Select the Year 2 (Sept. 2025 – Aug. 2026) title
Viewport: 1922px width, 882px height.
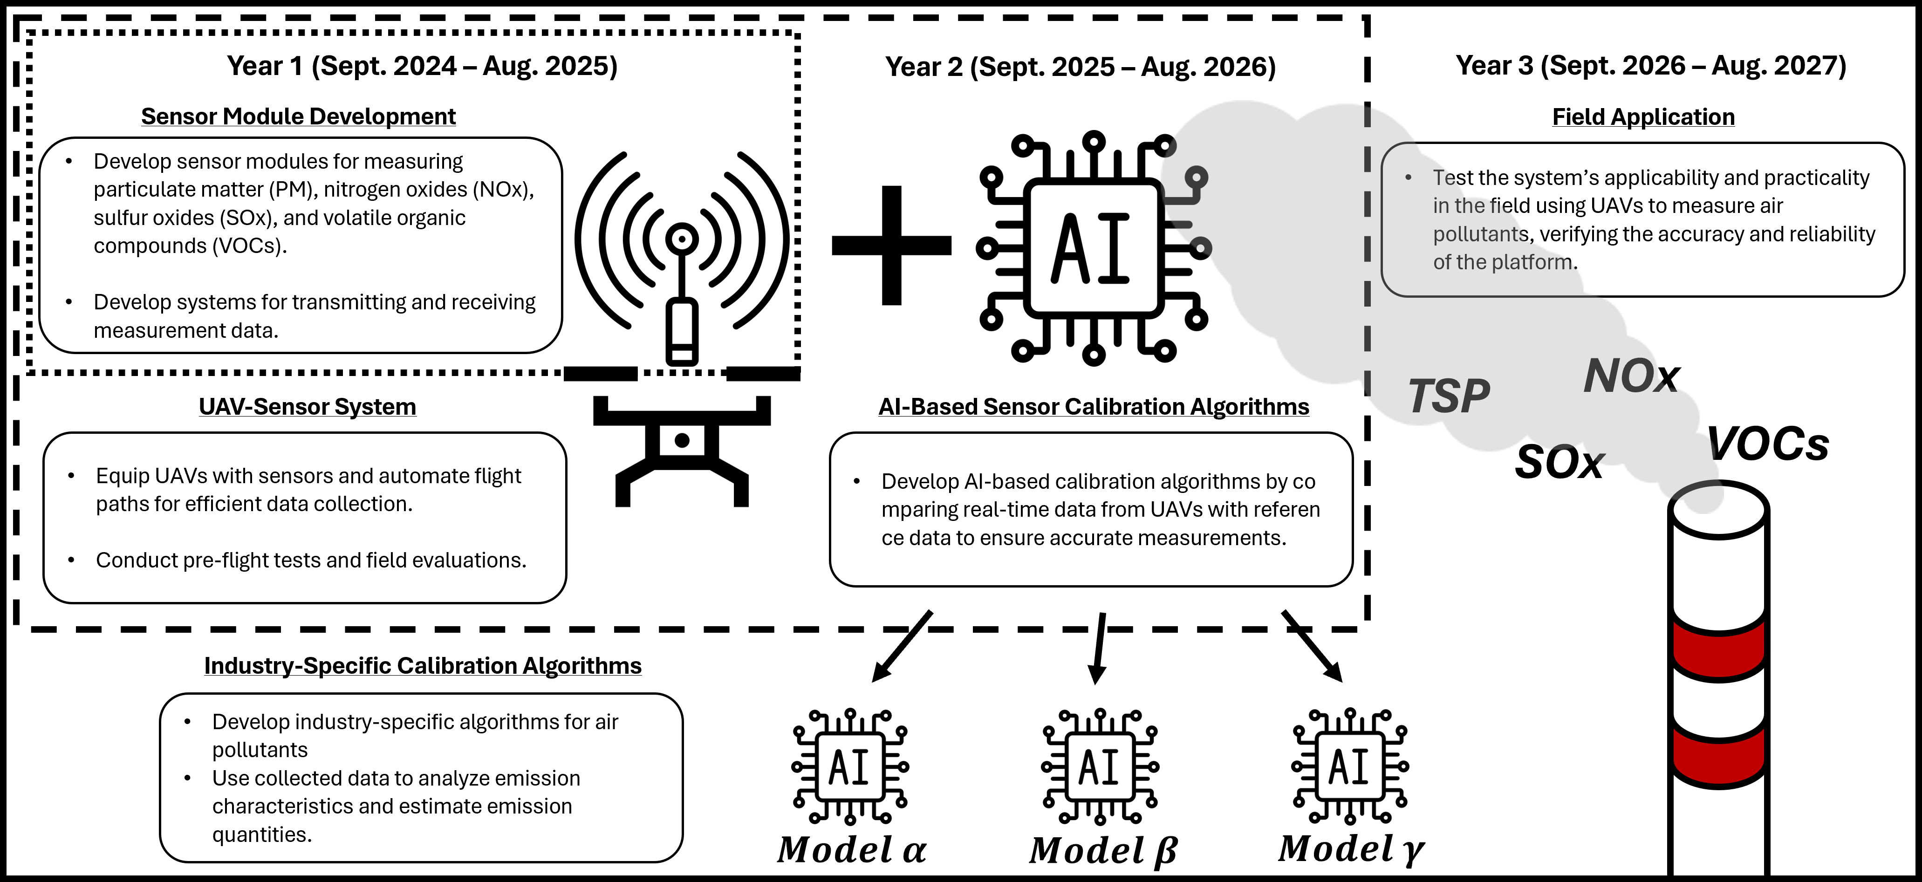(1081, 67)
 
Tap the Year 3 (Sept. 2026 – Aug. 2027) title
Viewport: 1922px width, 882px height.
(1650, 66)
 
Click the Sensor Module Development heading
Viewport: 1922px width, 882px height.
(299, 116)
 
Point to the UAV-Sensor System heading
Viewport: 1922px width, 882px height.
(308, 407)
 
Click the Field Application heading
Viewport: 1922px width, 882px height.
(1643, 117)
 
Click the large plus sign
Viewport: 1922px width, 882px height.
(892, 246)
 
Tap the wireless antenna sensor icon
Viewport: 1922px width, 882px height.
(681, 254)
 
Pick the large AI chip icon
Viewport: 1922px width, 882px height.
(1093, 248)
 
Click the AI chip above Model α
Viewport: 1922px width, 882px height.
(850, 767)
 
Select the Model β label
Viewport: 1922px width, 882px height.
(1103, 851)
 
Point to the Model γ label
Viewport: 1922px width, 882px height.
(1350, 849)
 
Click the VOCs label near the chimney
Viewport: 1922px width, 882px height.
(1768, 445)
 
